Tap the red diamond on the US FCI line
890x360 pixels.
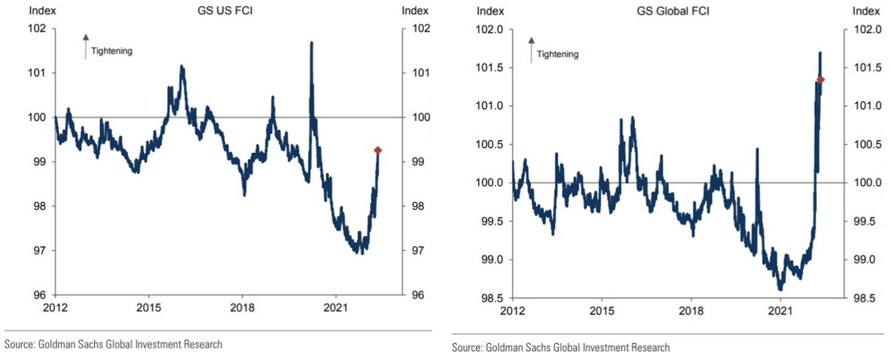(x=378, y=150)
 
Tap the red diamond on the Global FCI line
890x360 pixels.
(x=820, y=79)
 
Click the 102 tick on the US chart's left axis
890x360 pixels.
(x=37, y=29)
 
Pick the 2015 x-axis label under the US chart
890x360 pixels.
(x=148, y=306)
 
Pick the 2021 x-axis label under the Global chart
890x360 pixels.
(x=780, y=310)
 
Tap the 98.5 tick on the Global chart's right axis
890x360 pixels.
(x=867, y=298)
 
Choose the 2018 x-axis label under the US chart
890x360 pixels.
(x=243, y=306)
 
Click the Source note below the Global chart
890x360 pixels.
(x=561, y=348)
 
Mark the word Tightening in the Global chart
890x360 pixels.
(x=558, y=54)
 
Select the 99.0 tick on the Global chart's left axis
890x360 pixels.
(x=491, y=260)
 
